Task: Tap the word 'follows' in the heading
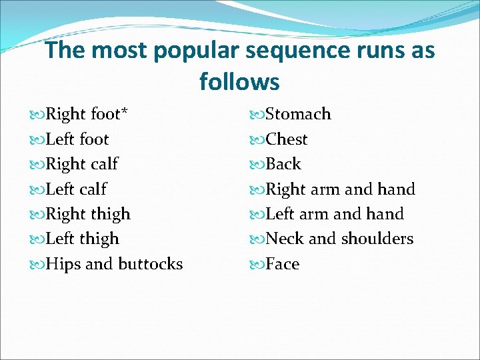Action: coord(239,82)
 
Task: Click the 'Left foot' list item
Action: coord(77,139)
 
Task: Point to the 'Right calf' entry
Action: coord(81,165)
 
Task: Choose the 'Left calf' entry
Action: coord(75,189)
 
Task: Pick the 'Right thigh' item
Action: coord(87,214)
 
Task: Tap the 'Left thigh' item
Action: coord(82,239)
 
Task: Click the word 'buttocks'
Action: coord(150,264)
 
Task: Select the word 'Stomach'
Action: coord(298,115)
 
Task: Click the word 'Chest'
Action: coord(287,139)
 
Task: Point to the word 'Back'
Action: coord(283,164)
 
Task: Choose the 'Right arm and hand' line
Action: coord(340,189)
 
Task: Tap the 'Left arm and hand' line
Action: coord(335,214)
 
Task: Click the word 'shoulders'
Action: coord(378,239)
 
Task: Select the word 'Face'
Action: coord(283,264)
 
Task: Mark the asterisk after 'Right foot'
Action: coord(124,111)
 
